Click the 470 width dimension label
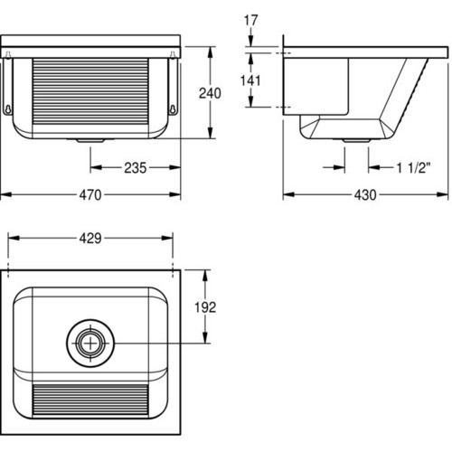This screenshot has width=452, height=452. point(90,195)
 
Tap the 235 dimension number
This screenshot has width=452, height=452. point(136,168)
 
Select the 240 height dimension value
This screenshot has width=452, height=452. point(210,93)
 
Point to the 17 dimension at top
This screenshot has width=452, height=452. point(250,20)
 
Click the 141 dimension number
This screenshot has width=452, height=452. point(250,80)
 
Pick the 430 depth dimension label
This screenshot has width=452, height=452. point(365,195)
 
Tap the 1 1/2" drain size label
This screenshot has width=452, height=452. point(413,168)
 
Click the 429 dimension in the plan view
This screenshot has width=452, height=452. point(90,239)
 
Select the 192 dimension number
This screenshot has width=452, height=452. point(205,307)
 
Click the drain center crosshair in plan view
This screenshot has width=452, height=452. point(90,343)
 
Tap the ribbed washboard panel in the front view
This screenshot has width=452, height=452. point(90,91)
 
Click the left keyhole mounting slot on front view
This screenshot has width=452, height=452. point(8,108)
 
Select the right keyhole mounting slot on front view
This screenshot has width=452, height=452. point(173,108)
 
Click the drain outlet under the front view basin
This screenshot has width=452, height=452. point(90,140)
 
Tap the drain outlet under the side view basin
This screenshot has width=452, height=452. point(356,140)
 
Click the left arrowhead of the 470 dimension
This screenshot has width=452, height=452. point(6,194)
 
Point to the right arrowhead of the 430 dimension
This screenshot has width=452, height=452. point(443,194)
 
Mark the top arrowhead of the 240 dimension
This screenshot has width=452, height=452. point(211,52)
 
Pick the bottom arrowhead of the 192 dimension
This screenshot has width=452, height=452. point(205,337)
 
